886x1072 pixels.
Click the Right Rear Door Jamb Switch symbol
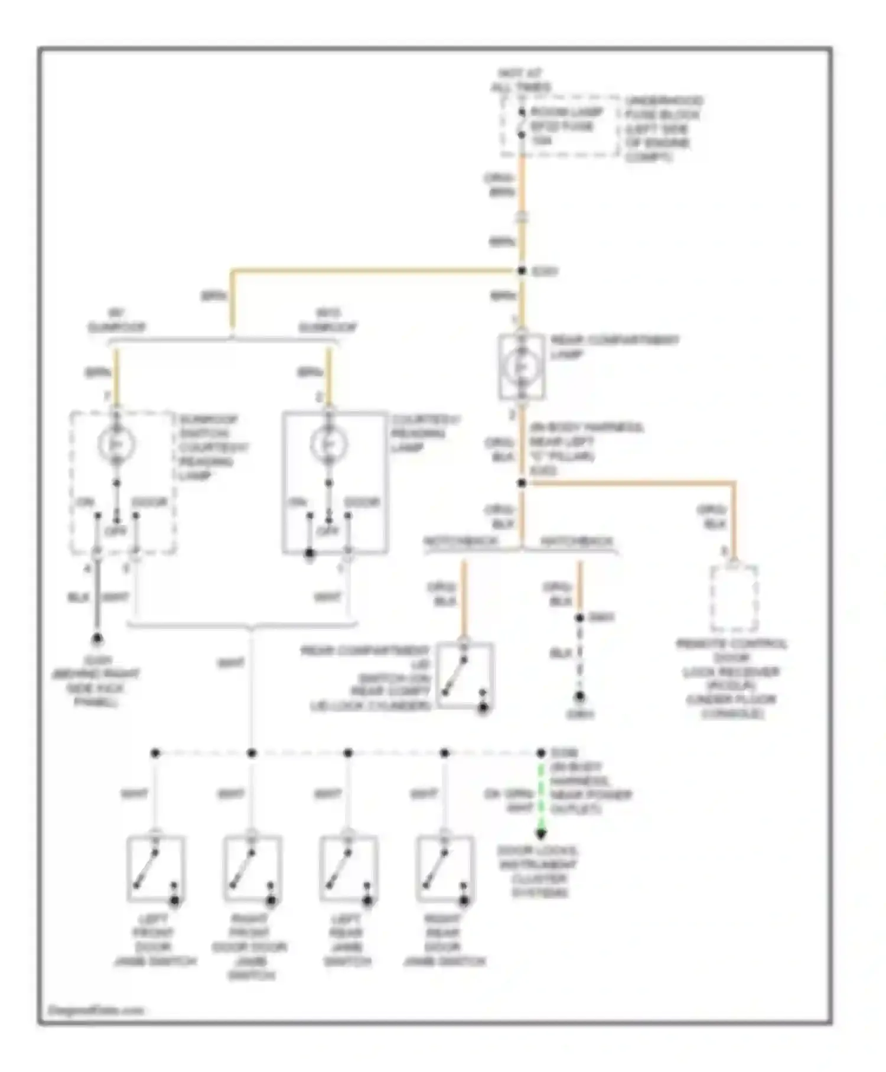click(x=445, y=868)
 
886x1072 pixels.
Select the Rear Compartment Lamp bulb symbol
click(x=522, y=367)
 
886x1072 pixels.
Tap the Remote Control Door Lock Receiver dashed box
click(x=734, y=599)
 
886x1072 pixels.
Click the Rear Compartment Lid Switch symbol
click(x=465, y=675)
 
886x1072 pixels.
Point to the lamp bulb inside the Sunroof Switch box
click(x=116, y=444)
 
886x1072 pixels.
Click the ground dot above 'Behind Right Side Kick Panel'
click(x=96, y=639)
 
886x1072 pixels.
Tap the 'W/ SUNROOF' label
click(x=116, y=320)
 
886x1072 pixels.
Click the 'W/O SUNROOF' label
click(x=328, y=320)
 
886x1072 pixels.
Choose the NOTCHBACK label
click(x=461, y=541)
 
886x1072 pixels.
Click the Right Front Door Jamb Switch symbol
click(x=252, y=868)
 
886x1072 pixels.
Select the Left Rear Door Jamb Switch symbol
click(x=348, y=868)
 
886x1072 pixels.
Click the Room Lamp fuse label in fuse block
click(x=565, y=126)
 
